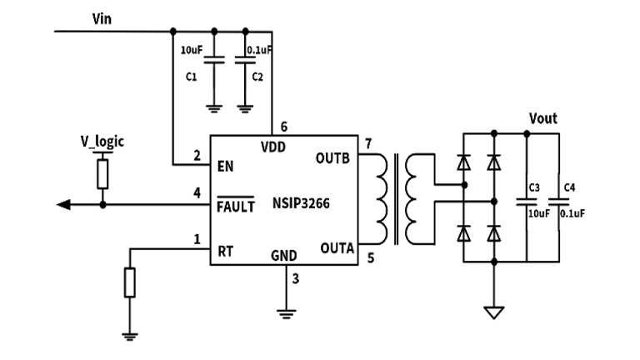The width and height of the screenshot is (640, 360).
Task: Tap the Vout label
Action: (x=542, y=119)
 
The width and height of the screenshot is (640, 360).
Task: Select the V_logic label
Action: (x=102, y=141)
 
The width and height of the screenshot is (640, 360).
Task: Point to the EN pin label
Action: (x=225, y=166)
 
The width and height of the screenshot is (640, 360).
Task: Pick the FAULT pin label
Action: (x=235, y=206)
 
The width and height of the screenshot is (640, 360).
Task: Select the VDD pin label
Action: (x=273, y=147)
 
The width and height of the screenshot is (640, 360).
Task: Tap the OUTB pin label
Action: (x=335, y=157)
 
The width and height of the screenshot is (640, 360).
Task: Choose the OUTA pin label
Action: (x=336, y=247)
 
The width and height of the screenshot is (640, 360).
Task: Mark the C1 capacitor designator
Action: (x=191, y=77)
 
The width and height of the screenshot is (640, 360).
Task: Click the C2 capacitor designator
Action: (x=257, y=77)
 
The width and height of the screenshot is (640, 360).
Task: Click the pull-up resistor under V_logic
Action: (x=102, y=174)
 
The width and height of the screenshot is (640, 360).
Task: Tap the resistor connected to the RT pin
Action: (x=129, y=283)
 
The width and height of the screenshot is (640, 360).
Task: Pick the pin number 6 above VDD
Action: (x=284, y=127)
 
